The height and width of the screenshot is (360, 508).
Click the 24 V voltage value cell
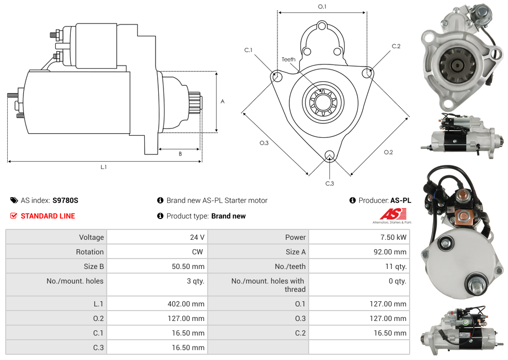(197, 237)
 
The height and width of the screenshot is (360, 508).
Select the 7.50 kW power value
(395, 237)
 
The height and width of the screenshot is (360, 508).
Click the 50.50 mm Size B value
(188, 266)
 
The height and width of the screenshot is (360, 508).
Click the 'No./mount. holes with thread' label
(268, 285)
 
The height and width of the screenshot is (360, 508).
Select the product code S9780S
(65, 200)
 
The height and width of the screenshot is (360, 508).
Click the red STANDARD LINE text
(47, 216)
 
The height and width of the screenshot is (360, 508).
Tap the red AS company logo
(392, 214)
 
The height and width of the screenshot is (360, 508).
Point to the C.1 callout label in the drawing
(248, 50)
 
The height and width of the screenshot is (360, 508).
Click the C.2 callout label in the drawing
(396, 46)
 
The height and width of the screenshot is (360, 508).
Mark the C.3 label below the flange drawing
(329, 183)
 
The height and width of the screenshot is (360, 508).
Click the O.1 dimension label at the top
(322, 6)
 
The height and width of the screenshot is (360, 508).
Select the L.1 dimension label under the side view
(104, 167)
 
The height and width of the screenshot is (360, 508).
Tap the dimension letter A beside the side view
(223, 101)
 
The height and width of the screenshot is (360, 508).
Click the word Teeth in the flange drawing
(288, 59)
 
